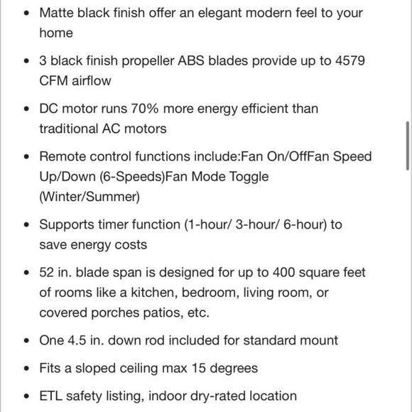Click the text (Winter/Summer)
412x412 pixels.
pos(90,196)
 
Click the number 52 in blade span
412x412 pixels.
pos(48,272)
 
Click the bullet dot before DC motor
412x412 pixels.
pos(26,109)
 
